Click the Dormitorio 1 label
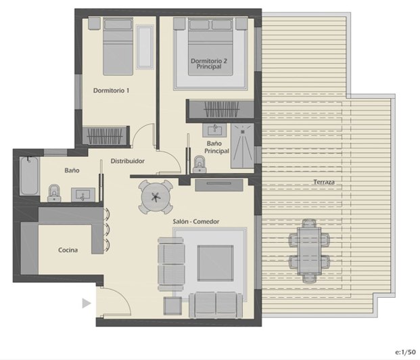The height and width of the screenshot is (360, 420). pyautogui.click(x=111, y=90)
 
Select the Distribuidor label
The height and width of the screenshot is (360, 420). pyautogui.click(x=128, y=161)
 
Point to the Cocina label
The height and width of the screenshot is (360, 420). pyautogui.click(x=68, y=250)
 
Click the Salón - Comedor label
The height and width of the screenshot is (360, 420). pyautogui.click(x=196, y=221)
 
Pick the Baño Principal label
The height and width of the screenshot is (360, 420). pyautogui.click(x=216, y=147)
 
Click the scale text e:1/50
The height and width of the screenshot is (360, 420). pyautogui.click(x=405, y=353)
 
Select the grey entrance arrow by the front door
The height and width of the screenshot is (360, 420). pyautogui.click(x=86, y=303)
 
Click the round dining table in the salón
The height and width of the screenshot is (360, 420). pyautogui.click(x=156, y=197)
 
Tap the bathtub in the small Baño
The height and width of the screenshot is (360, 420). pyautogui.click(x=28, y=177)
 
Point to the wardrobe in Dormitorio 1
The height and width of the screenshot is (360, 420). pyautogui.click(x=106, y=135)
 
